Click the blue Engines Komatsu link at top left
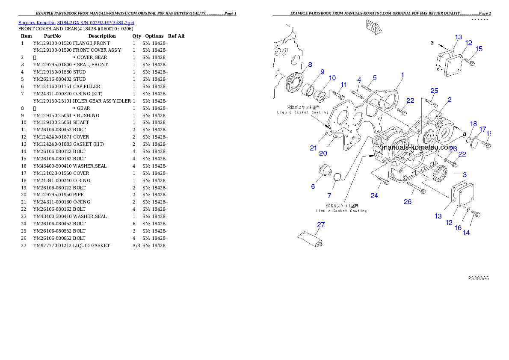[x=76, y=23]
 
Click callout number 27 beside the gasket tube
[x=321, y=224]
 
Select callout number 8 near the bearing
[x=310, y=65]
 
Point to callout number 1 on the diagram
[x=402, y=75]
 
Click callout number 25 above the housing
[x=434, y=91]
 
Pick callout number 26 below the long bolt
[x=408, y=201]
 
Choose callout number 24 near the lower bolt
[x=374, y=195]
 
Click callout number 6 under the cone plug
[x=313, y=186]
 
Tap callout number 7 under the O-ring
[x=329, y=195]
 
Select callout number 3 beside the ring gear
[x=465, y=174]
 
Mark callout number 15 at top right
[x=479, y=49]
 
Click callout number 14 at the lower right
[x=466, y=233]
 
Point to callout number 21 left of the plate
[x=314, y=148]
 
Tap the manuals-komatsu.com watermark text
[x=417, y=148]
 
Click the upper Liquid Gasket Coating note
[x=302, y=109]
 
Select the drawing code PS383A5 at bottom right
[x=478, y=277]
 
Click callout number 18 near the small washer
[x=473, y=124]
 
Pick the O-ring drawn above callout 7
[x=337, y=177]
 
